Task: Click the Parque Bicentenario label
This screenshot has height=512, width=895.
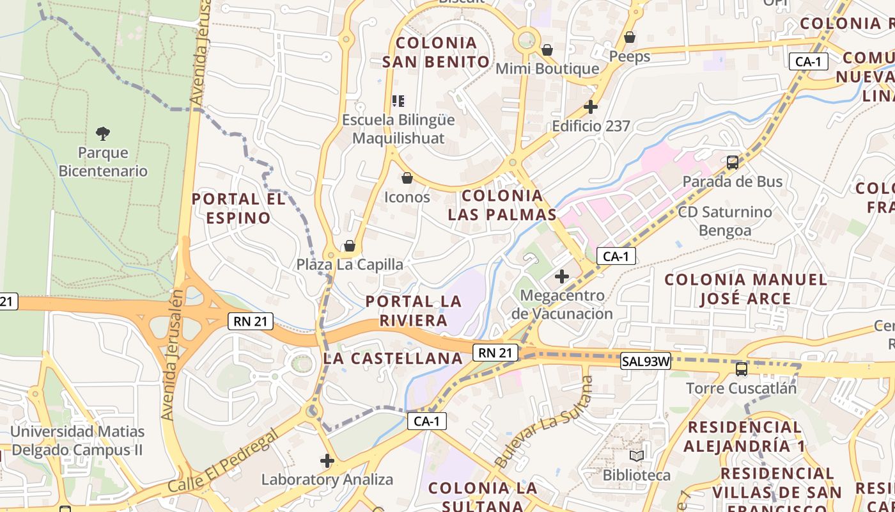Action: pos(103,162)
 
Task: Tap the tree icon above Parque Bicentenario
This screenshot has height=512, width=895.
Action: pos(102,133)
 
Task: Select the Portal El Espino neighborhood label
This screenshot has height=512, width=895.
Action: pos(238,208)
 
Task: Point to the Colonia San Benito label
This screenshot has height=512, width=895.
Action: pos(436,52)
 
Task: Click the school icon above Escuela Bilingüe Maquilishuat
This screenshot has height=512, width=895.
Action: pos(398,101)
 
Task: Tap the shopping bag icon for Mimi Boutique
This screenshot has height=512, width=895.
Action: pos(547,50)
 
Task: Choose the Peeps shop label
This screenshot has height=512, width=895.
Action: pos(630,56)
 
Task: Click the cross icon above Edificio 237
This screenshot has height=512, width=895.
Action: pos(591,107)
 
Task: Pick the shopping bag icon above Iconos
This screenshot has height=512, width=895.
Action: pos(407,178)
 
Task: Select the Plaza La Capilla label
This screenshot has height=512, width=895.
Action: pos(350,264)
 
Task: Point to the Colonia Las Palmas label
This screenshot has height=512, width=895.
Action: pos(502,205)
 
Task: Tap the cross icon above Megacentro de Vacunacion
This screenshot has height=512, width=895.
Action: pos(562,276)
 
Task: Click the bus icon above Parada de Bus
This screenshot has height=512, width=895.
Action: pos(733,163)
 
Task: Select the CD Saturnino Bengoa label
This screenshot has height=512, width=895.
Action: pos(725,221)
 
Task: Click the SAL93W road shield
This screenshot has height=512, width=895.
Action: pos(646,362)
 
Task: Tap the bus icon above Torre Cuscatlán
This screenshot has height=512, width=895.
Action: pos(742,369)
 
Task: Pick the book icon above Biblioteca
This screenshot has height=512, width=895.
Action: pos(637,456)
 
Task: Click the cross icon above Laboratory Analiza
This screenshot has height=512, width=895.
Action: pos(327,461)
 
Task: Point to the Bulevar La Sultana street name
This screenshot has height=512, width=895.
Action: pos(545,422)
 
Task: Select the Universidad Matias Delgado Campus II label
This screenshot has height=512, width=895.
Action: pos(77,440)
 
